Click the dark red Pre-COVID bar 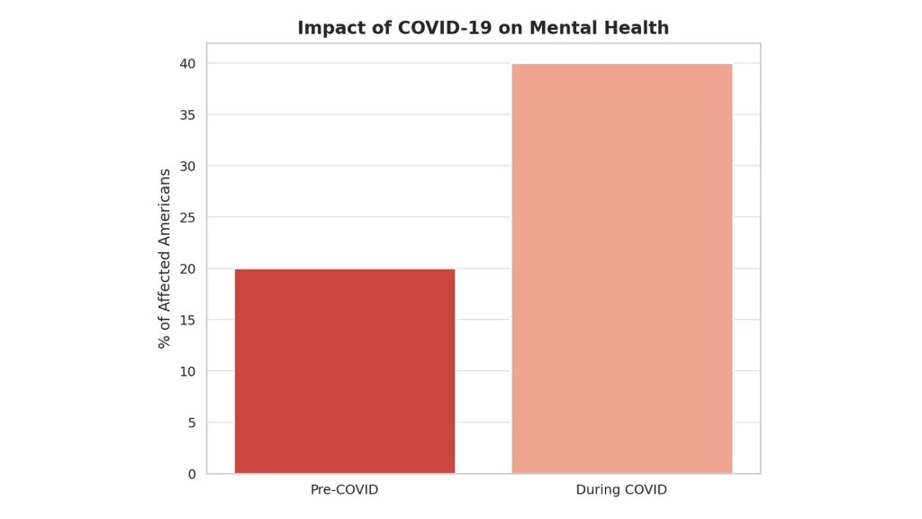pos(345,371)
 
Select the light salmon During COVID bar pos(622,269)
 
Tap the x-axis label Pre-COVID pos(345,490)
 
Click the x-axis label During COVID pos(622,490)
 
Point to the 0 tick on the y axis pos(192,474)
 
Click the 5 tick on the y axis pos(192,423)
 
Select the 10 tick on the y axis pos(188,371)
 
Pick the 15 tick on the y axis pos(188,320)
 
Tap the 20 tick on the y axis pos(188,269)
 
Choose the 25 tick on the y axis pos(188,217)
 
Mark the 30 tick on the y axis pos(188,166)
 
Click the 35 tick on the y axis pos(188,114)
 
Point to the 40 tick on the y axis pos(188,64)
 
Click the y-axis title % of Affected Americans pos(165,259)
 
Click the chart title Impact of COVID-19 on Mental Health pos(484,28)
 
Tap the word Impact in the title pos(327,28)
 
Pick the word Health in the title pos(638,28)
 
